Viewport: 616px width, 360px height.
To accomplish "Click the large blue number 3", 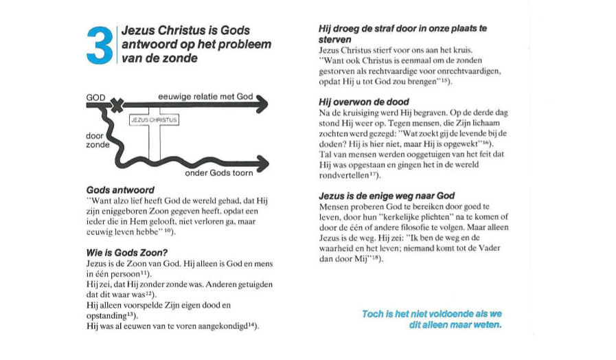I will (100, 45).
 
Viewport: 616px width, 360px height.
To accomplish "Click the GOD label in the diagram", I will (95, 98).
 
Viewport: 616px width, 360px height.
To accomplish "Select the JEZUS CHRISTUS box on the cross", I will (153, 120).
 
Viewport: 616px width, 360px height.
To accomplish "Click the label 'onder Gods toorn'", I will (218, 174).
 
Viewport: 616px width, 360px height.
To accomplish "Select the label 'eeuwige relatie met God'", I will (205, 98).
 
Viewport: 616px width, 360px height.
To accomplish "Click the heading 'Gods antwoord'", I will (119, 189).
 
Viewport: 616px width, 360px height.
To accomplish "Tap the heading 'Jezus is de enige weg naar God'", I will (386, 196).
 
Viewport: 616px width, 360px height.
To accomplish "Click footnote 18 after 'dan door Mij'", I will (376, 258).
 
